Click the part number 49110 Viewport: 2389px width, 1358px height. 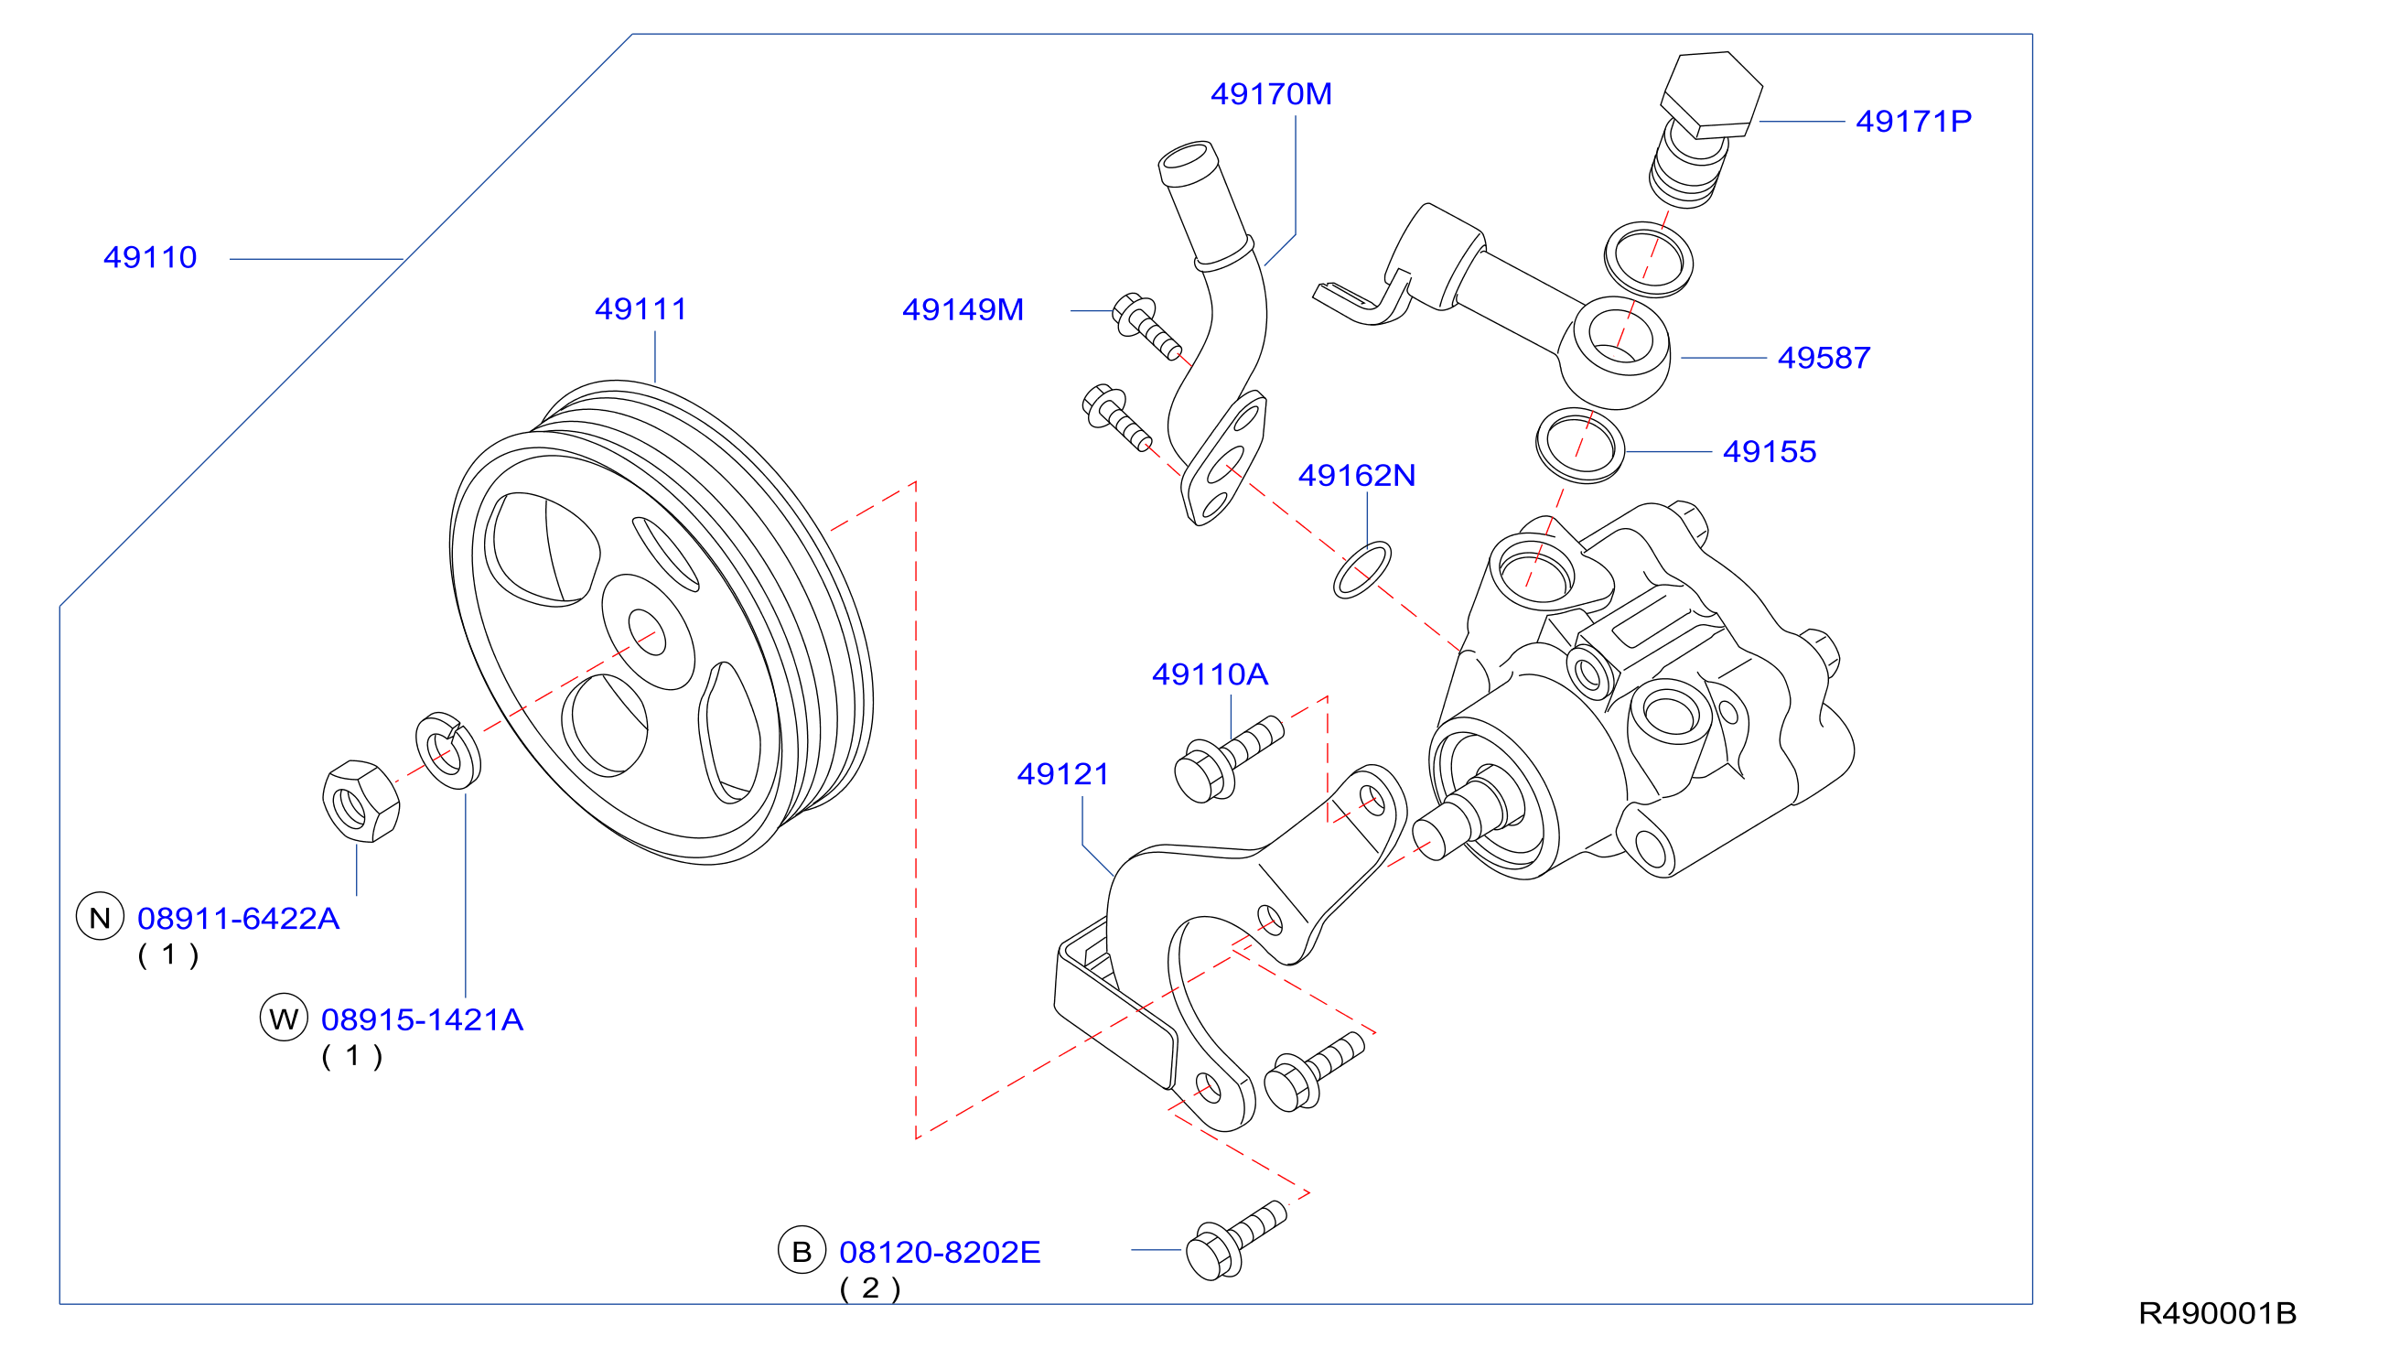150,257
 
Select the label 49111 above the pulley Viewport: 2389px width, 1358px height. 640,308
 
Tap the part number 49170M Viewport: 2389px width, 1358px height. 1271,93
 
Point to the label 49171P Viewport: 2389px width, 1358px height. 1913,120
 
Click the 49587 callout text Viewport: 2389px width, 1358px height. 1824,357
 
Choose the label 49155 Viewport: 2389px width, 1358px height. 1770,451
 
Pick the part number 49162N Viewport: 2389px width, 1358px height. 1357,476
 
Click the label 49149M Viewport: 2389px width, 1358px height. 963,309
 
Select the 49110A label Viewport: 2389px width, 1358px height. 1210,674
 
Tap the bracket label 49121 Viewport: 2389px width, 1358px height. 1063,774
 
